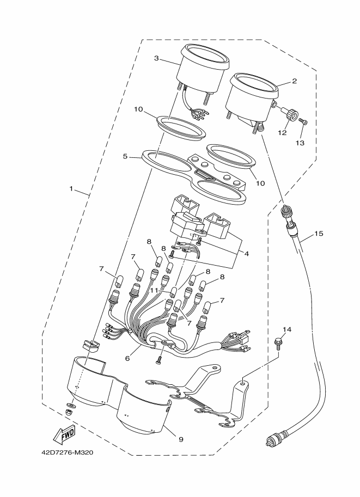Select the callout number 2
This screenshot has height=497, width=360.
click(294, 81)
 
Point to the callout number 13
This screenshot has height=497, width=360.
click(300, 143)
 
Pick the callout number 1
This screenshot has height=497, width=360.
click(71, 189)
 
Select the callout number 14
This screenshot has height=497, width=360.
click(287, 330)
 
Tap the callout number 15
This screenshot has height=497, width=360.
click(319, 234)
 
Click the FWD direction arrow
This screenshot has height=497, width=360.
click(64, 434)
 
